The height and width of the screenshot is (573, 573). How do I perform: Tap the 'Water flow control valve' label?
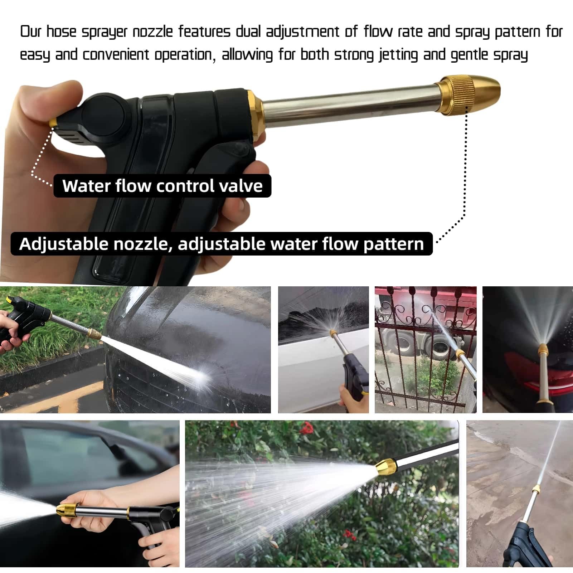click(162, 186)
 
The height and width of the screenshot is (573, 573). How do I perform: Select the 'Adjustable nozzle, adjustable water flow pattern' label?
click(222, 244)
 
